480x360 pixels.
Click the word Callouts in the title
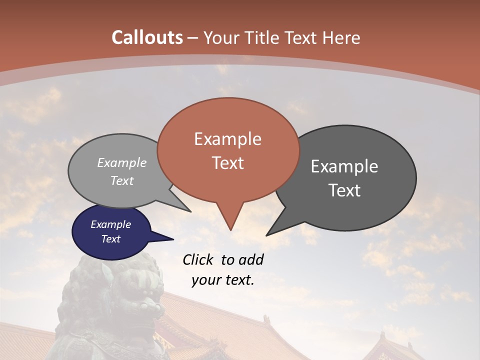pyautogui.click(x=147, y=37)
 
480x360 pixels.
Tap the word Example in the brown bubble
pyautogui.click(x=227, y=139)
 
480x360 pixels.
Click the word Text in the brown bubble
pyautogui.click(x=227, y=163)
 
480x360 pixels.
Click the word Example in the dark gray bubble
pyautogui.click(x=344, y=166)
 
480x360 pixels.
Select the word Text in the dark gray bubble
pyautogui.click(x=344, y=190)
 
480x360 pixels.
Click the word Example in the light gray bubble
pyautogui.click(x=122, y=162)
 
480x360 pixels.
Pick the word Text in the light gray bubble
pyautogui.click(x=122, y=180)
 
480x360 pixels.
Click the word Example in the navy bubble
pyautogui.click(x=110, y=224)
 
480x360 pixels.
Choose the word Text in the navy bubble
pyautogui.click(x=110, y=239)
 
